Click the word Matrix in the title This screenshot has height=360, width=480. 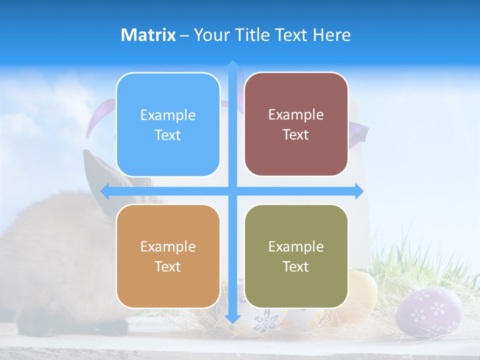[148, 35]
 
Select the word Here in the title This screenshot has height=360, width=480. [332, 35]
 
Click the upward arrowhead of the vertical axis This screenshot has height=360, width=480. [232, 65]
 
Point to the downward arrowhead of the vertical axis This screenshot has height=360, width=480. [232, 318]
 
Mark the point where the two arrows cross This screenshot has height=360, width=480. [232, 191]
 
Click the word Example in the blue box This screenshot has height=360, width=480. [168, 115]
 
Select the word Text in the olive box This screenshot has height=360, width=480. [296, 266]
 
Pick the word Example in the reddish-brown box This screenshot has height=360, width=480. [296, 114]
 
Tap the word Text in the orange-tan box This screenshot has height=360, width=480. [168, 266]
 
